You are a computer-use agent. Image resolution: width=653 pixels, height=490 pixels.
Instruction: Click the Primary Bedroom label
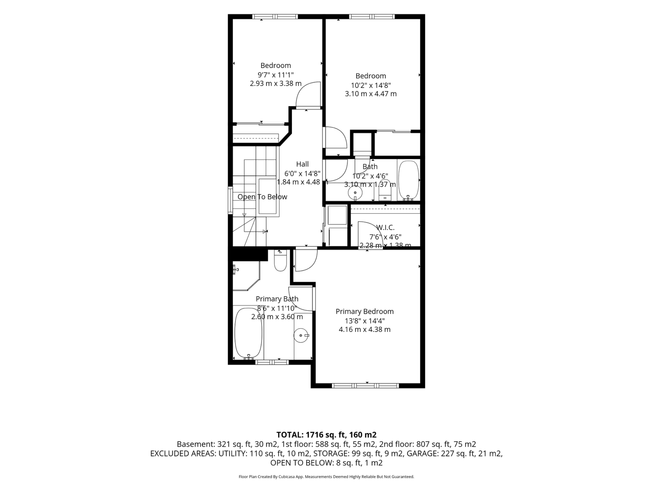click(365, 312)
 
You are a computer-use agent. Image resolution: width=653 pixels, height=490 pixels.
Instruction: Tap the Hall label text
click(302, 164)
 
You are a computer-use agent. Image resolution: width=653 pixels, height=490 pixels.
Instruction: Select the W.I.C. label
click(385, 228)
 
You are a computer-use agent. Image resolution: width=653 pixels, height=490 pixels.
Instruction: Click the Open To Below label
click(262, 197)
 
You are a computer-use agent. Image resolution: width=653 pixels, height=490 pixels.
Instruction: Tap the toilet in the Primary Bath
click(280, 260)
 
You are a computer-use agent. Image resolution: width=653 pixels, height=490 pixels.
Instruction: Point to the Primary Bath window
click(272, 362)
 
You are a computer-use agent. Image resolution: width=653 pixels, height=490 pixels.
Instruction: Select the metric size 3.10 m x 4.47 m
click(371, 94)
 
